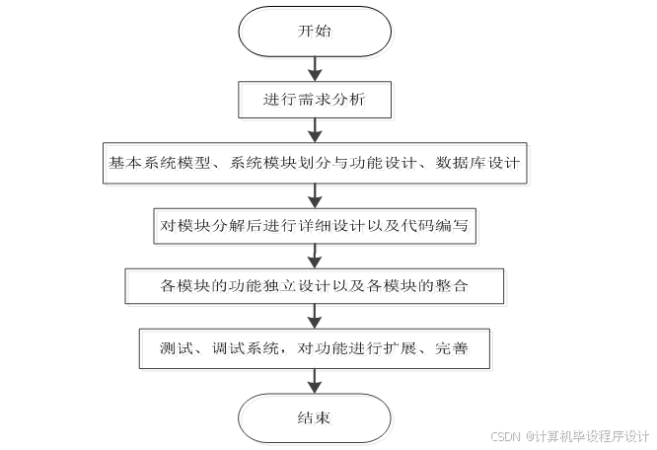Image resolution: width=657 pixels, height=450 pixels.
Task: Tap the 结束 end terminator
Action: click(315, 417)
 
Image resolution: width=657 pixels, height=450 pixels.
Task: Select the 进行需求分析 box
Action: click(315, 100)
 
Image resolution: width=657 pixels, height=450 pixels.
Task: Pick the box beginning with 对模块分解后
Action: click(316, 226)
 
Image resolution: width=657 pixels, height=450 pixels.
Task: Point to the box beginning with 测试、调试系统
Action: click(316, 349)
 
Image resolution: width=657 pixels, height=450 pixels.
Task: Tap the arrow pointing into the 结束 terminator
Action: click(315, 381)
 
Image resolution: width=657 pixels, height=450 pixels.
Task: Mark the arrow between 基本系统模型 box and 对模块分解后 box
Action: click(315, 194)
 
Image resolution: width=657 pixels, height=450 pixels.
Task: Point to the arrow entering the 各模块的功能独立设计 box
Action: click(315, 257)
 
